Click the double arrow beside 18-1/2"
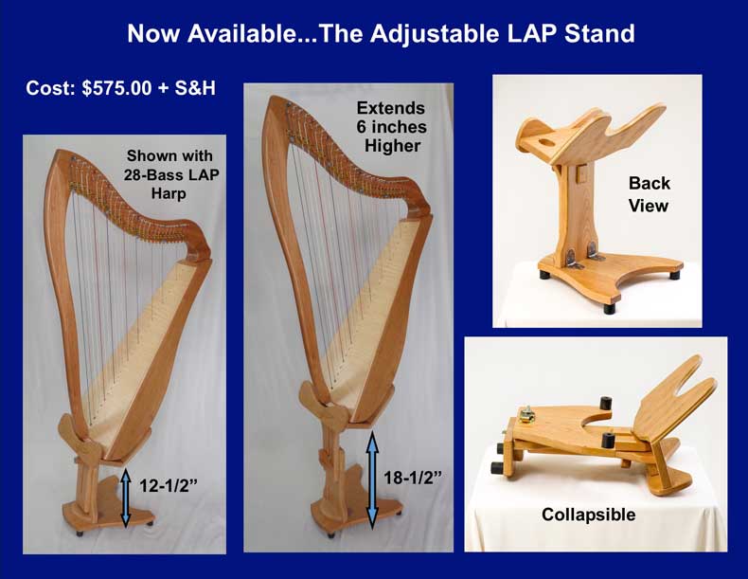[x=372, y=479]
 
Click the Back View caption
[x=649, y=194]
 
